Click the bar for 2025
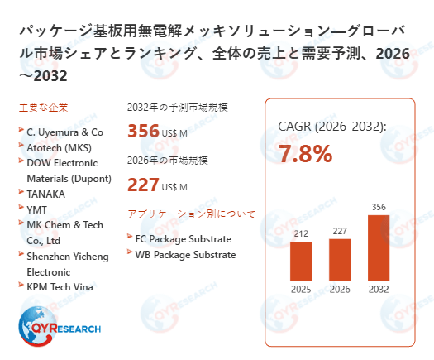click(302, 260)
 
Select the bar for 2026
click(340, 259)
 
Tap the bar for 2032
click(378, 247)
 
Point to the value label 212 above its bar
click(302, 233)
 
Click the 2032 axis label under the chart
click(378, 290)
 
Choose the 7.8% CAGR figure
click(306, 153)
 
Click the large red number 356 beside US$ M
click(143, 131)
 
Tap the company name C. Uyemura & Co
click(64, 132)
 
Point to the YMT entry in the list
click(37, 209)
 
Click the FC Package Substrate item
click(184, 239)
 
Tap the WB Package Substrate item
click(185, 255)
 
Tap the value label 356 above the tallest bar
click(378, 207)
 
